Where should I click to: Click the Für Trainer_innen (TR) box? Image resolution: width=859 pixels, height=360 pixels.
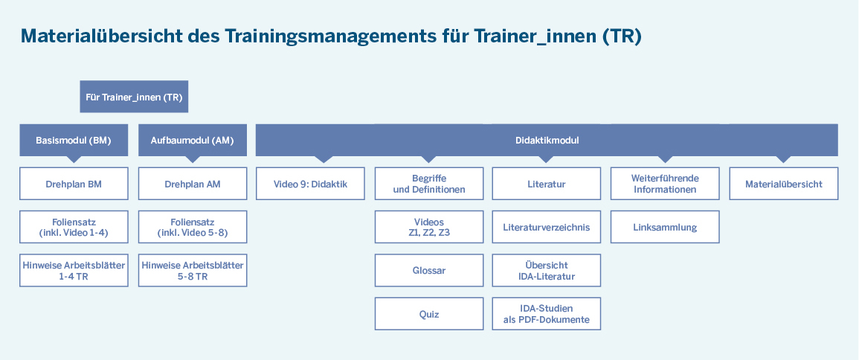pos(134,97)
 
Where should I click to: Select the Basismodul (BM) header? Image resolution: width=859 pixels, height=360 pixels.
pos(74,141)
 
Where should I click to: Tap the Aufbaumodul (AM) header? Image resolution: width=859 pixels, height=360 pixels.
pos(193,141)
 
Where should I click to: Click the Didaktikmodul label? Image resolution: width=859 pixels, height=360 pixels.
pos(547,141)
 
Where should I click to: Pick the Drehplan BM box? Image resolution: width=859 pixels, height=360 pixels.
pos(74,184)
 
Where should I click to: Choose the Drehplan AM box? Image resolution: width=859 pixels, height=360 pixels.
pos(193,184)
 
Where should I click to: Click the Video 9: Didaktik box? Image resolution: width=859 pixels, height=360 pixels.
pos(310,184)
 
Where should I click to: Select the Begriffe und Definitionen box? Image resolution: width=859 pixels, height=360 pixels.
pos(429,184)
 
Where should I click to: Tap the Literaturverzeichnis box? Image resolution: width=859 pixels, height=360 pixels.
pos(546,227)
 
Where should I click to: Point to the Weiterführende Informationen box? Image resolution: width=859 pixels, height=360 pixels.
pos(665,184)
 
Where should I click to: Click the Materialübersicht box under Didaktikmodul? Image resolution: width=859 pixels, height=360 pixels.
pos(783,184)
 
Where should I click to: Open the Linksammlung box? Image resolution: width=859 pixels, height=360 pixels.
pos(665,227)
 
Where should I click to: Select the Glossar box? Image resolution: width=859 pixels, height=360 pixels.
pos(429,270)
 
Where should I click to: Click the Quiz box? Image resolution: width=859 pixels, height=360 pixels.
pos(429,314)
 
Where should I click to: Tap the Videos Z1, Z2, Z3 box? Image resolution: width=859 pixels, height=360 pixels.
pos(429,227)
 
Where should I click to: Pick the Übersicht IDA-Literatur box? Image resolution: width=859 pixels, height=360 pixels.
pos(546,270)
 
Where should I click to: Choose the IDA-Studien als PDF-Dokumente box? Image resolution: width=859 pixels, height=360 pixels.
pos(546,314)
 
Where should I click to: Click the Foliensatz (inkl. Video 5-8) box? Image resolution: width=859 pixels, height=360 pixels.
pos(193,227)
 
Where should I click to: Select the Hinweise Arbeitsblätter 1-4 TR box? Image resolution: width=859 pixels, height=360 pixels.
pos(74,270)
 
